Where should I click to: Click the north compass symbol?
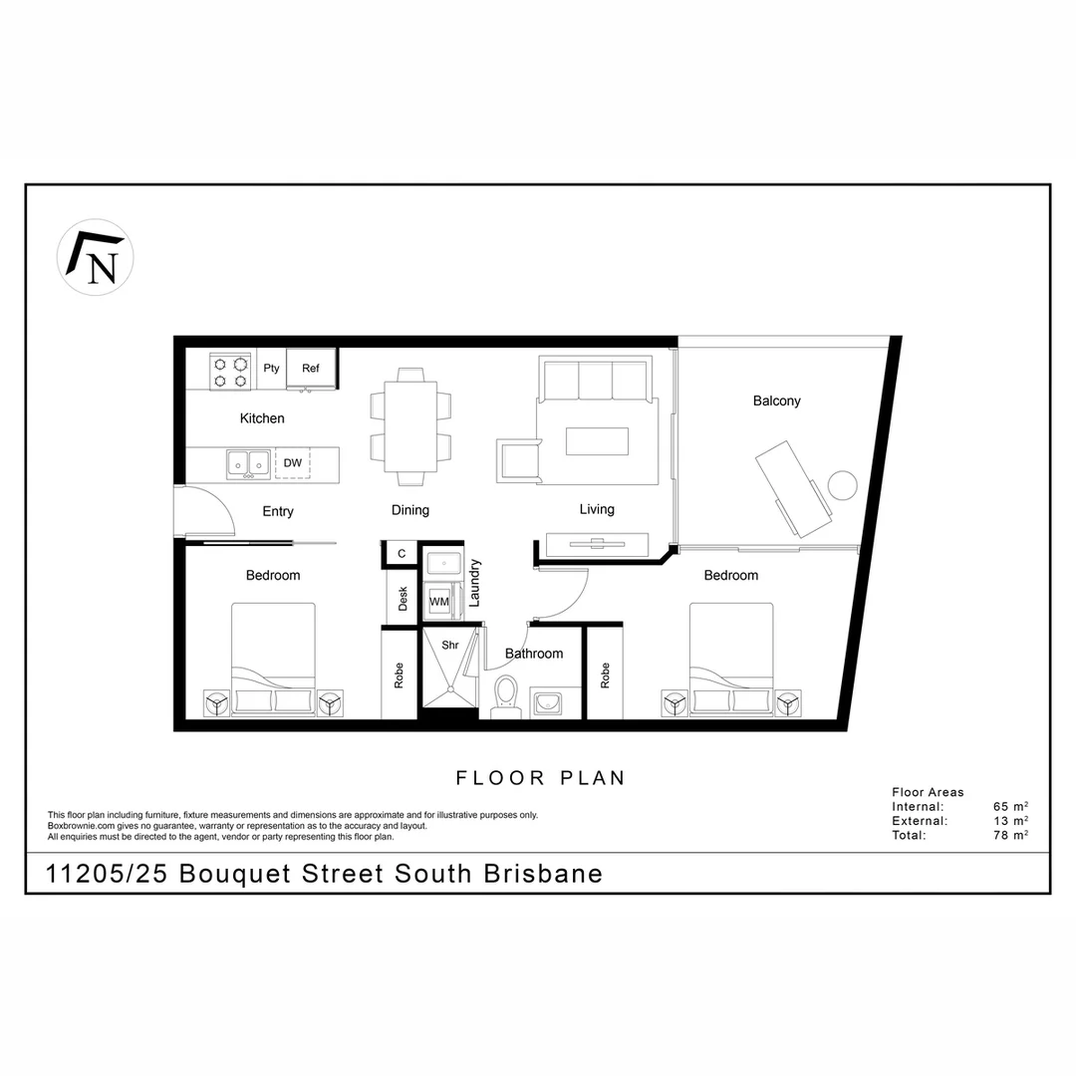(x=96, y=257)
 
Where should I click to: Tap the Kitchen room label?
(x=262, y=418)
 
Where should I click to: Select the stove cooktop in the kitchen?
(x=231, y=371)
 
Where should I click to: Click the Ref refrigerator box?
(x=311, y=368)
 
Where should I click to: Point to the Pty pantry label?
(x=272, y=368)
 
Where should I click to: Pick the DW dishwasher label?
(x=292, y=462)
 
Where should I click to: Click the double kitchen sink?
(x=248, y=462)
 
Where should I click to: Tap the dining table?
(x=410, y=426)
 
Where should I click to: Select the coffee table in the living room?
(x=598, y=440)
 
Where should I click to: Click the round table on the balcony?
(x=844, y=485)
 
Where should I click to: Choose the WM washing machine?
(x=438, y=602)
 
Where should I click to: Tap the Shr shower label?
(x=449, y=645)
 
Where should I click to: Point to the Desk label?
(x=403, y=598)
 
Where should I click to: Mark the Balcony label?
(x=776, y=401)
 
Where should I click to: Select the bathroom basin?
(x=546, y=703)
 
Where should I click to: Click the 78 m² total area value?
(x=1010, y=836)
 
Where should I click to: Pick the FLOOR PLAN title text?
(x=540, y=778)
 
